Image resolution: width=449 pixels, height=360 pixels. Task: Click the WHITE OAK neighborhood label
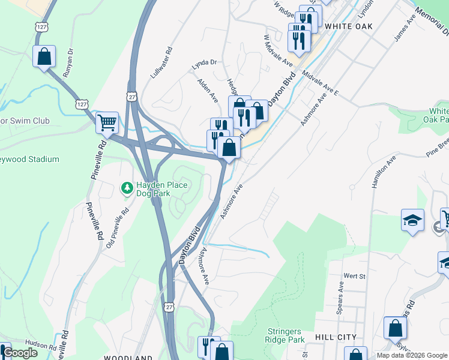(348, 26)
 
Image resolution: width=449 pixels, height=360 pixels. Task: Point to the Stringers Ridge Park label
(286, 334)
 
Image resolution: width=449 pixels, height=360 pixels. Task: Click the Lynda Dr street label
(203, 62)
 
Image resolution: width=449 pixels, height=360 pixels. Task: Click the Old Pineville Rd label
(118, 228)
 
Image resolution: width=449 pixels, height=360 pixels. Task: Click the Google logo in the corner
(20, 353)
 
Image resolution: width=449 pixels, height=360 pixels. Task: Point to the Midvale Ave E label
(321, 84)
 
